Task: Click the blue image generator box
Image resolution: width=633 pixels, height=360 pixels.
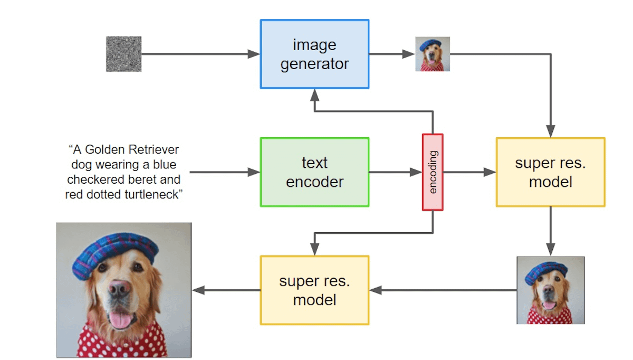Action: tap(314, 54)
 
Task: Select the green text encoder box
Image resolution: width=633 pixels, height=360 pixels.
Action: tap(314, 172)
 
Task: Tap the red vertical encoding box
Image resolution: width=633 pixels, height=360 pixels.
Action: tap(433, 172)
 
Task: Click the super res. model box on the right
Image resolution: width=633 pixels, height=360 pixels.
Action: tap(550, 172)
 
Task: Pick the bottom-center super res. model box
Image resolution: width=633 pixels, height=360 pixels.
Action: tap(314, 290)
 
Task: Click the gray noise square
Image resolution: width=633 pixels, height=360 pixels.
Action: tap(124, 54)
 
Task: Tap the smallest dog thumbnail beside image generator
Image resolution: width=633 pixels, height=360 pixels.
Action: tap(433, 54)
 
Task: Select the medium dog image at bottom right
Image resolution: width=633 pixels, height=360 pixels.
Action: tap(550, 290)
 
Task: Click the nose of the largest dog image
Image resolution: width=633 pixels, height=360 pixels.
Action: tap(120, 288)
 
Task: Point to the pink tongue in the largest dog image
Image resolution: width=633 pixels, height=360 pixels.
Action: tap(121, 319)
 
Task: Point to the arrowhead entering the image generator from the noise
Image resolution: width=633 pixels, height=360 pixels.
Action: tap(255, 54)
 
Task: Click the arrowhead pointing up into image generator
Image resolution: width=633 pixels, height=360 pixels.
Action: tap(314, 94)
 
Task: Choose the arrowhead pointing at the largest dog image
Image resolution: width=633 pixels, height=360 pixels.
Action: tap(197, 290)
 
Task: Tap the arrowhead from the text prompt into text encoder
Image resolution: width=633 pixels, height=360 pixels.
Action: tap(255, 172)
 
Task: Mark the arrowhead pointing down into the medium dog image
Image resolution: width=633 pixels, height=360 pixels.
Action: tap(550, 250)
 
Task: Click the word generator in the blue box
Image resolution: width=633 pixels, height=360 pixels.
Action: tap(314, 64)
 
